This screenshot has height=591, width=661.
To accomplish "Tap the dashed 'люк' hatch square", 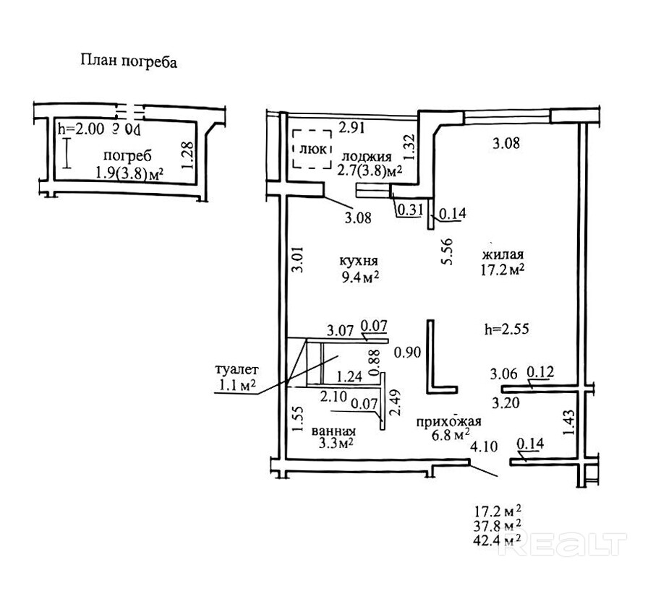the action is (x=311, y=150).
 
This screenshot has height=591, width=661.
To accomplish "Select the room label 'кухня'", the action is (x=359, y=261).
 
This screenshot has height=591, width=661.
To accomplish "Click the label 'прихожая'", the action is (x=445, y=423).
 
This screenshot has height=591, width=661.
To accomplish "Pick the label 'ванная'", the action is (x=333, y=431).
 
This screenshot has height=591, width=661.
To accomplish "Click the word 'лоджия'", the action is (x=367, y=157).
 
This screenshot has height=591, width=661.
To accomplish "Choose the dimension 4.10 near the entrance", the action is (x=484, y=447).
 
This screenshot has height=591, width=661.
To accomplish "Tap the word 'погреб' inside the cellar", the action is (x=127, y=157).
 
